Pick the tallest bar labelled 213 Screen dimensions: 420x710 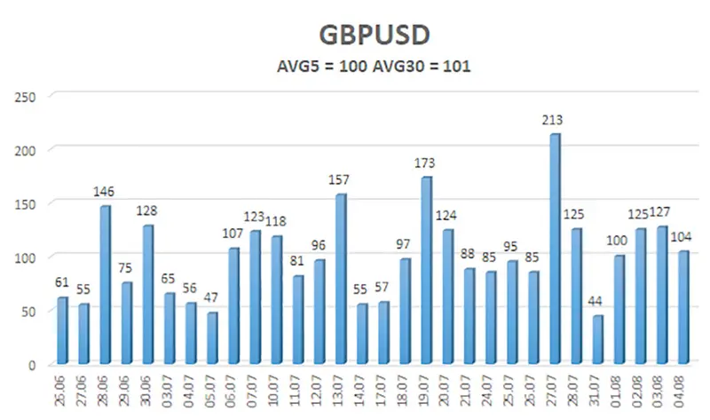(x=556, y=249)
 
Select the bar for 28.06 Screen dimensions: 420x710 (x=106, y=285)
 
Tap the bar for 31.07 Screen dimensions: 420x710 (x=598, y=340)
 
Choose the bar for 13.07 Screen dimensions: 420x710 (x=342, y=279)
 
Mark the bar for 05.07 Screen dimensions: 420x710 (x=213, y=338)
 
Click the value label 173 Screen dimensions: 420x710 (x=427, y=163)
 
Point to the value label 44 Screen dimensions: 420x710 (x=598, y=302)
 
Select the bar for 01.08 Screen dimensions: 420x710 (x=619, y=310)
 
